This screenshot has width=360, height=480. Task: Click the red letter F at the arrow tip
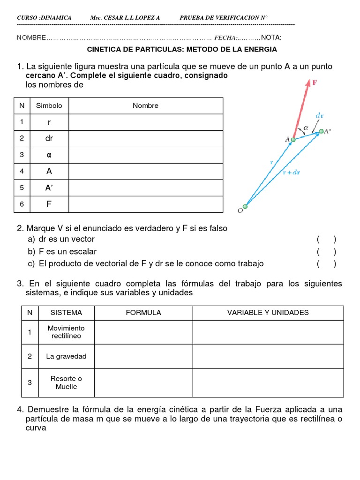(x=315, y=82)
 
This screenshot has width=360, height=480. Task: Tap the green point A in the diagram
(x=293, y=139)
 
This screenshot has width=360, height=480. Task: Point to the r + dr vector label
(x=292, y=172)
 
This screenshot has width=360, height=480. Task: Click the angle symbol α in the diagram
(x=306, y=127)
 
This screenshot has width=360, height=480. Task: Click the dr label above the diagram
(x=319, y=114)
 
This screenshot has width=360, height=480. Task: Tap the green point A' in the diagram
(x=321, y=132)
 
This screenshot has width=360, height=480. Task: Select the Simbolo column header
(x=49, y=105)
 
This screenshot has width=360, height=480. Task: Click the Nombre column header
(x=145, y=105)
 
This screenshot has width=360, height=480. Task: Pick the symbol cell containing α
(x=49, y=155)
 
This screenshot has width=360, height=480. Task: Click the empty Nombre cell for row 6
(x=145, y=204)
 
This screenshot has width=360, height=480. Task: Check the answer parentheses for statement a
(x=326, y=240)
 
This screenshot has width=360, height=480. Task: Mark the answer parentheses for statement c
(x=326, y=264)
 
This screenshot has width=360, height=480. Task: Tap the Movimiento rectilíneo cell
(x=66, y=332)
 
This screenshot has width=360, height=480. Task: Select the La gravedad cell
(x=66, y=356)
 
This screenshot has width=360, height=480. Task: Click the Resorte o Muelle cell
(x=66, y=382)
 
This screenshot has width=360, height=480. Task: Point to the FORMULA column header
(x=143, y=313)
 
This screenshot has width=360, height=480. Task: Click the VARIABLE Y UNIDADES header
(x=268, y=313)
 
